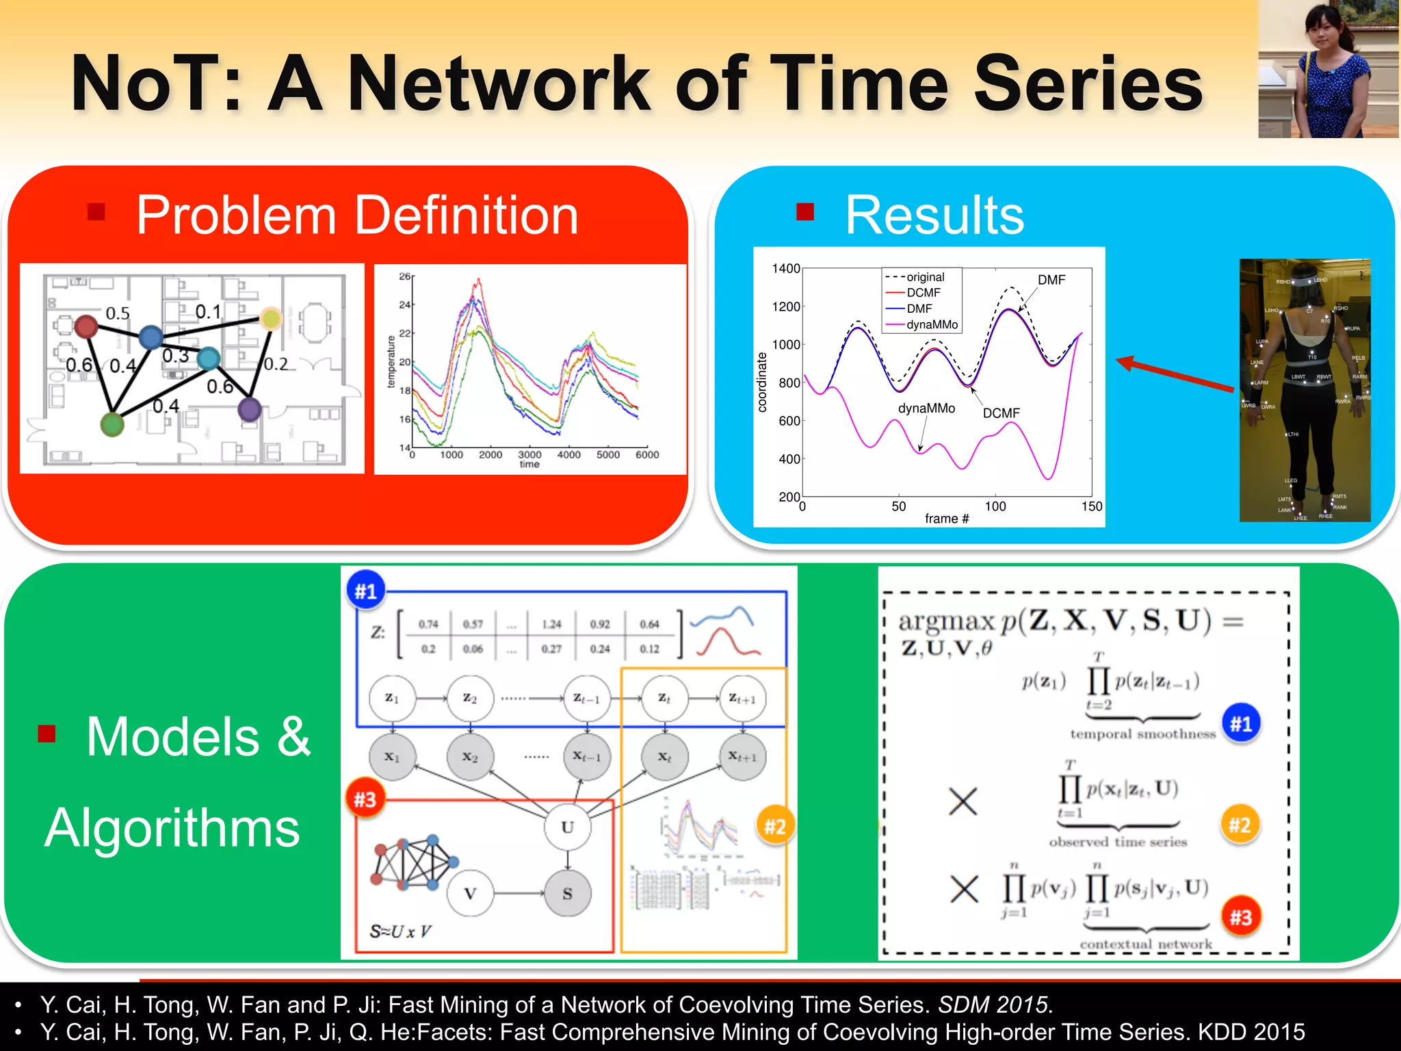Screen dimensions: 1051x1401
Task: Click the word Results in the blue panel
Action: pyautogui.click(x=934, y=216)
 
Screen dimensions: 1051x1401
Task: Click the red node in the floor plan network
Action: pyautogui.click(x=86, y=326)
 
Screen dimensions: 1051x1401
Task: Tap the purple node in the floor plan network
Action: pyautogui.click(x=249, y=409)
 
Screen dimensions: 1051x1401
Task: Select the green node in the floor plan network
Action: pyautogui.click(x=112, y=424)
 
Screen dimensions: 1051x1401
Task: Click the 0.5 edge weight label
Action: pyautogui.click(x=118, y=313)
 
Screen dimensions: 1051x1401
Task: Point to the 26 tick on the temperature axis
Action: pyautogui.click(x=404, y=276)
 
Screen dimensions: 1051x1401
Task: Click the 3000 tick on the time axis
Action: pyautogui.click(x=529, y=454)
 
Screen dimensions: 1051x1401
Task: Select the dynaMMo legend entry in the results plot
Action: pyautogui.click(x=931, y=324)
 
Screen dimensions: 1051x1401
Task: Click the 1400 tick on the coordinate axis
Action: pyautogui.click(x=786, y=268)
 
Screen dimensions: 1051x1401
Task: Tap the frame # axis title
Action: pyautogui.click(x=946, y=519)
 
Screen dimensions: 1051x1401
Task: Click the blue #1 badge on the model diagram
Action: pyautogui.click(x=366, y=591)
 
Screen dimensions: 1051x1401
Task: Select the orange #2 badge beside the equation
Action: pyautogui.click(x=1240, y=825)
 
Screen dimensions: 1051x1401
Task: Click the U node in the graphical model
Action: pyautogui.click(x=567, y=827)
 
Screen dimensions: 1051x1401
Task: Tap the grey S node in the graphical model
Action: pyautogui.click(x=567, y=894)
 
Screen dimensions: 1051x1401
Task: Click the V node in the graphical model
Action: pyautogui.click(x=470, y=894)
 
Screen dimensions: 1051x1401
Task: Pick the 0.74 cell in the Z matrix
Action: pyautogui.click(x=428, y=624)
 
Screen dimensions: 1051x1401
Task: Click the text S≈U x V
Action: pyautogui.click(x=401, y=931)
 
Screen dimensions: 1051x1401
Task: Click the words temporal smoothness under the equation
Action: pyautogui.click(x=1142, y=734)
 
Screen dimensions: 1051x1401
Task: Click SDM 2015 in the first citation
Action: pyautogui.click(x=993, y=1004)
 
